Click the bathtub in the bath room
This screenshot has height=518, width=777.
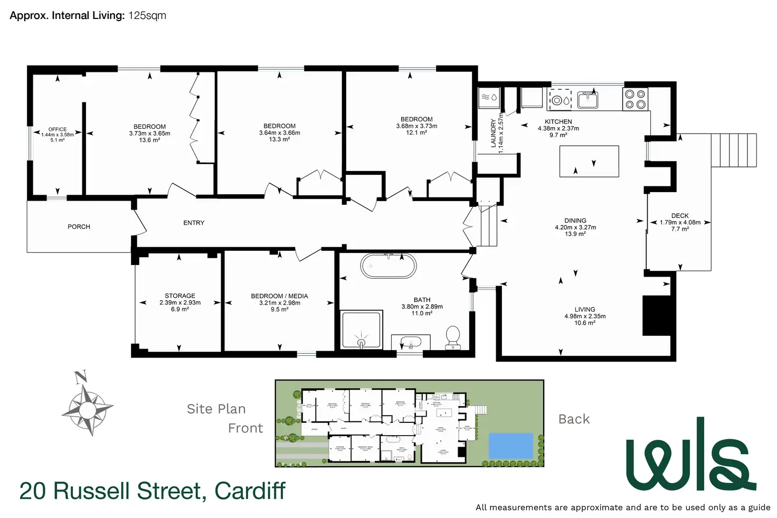click(388, 266)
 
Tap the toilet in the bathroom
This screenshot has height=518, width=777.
click(453, 337)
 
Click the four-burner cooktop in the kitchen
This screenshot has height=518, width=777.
click(635, 99)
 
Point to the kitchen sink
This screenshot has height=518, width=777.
click(587, 99)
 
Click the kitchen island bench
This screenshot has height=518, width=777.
click(589, 161)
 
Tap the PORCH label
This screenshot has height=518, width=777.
click(79, 227)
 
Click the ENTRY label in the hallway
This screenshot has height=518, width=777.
click(194, 223)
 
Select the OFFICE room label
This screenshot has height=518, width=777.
click(58, 129)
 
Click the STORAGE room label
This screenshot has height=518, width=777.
click(180, 296)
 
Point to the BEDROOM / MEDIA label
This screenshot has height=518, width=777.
click(279, 296)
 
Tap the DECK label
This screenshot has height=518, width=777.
click(680, 215)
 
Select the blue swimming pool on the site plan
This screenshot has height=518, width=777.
click(510, 445)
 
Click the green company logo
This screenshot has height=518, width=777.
click(691, 455)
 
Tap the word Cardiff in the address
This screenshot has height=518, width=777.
click(250, 491)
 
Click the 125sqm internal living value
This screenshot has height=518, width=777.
click(147, 15)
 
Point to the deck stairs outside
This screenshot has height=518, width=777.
click(734, 150)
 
